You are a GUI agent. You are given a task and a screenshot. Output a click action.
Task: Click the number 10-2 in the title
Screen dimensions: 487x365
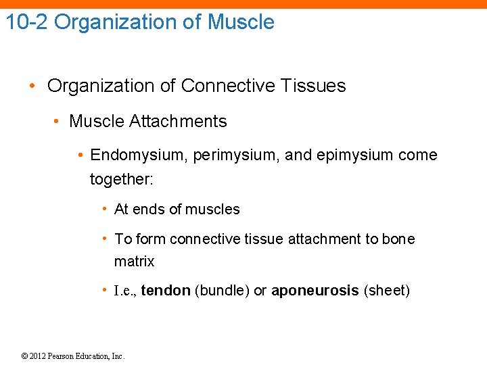click(27, 22)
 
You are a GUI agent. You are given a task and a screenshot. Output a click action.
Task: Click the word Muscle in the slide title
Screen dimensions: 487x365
click(241, 22)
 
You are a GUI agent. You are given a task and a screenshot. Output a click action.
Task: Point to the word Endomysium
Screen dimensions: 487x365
click(138, 155)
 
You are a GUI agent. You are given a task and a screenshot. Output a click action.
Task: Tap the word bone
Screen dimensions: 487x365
click(398, 239)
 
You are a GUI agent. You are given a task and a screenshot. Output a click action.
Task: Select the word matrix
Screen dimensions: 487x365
click(134, 262)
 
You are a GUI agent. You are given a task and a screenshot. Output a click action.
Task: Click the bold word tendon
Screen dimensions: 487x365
click(166, 291)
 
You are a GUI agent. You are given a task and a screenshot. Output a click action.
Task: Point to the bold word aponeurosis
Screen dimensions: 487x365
click(315, 291)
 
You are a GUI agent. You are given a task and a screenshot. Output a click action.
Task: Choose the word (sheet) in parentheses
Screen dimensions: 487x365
click(387, 291)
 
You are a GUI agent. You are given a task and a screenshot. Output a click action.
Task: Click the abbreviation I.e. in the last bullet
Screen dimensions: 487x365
click(126, 291)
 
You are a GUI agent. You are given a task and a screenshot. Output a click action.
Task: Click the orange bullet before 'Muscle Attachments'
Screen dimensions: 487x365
click(60, 122)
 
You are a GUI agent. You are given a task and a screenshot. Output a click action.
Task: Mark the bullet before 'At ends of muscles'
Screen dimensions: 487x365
click(104, 209)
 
